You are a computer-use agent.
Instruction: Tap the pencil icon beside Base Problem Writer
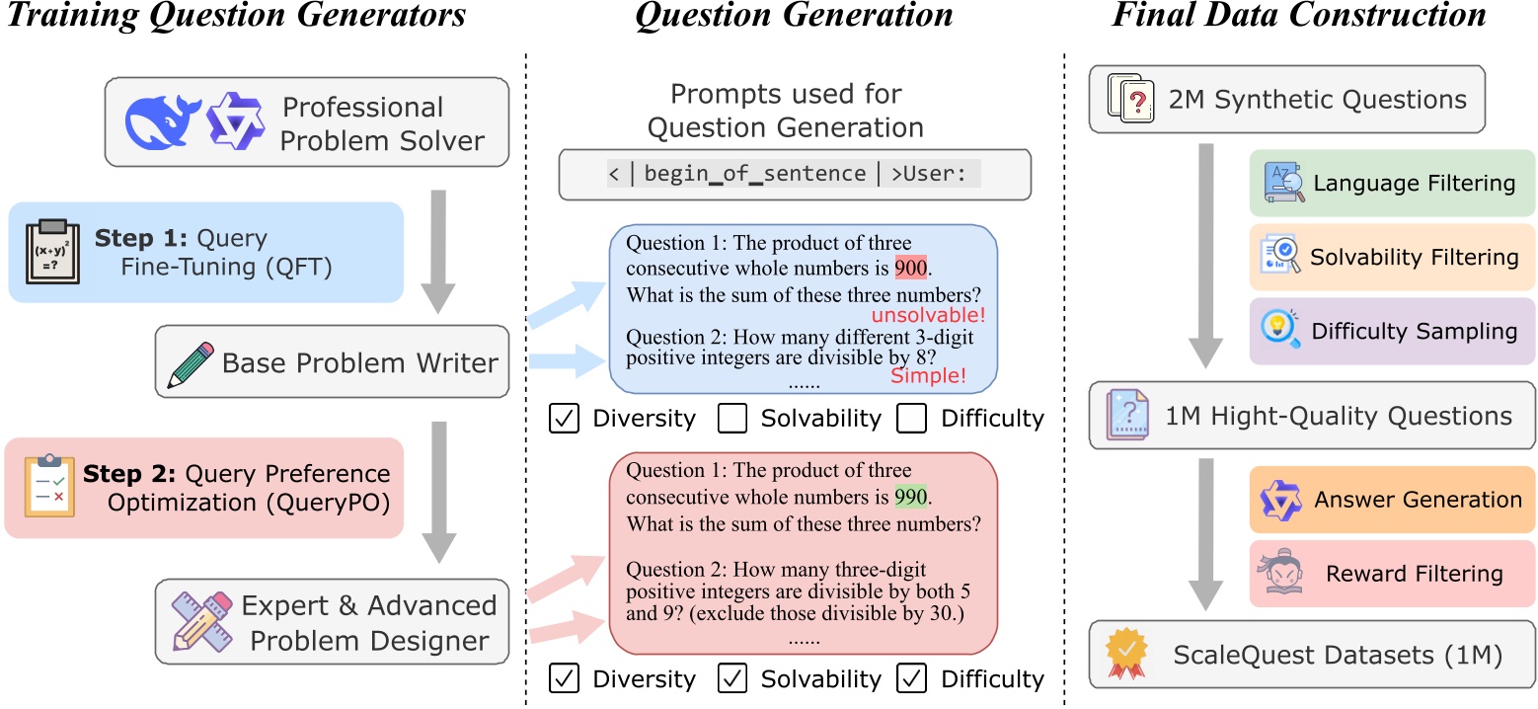tap(189, 362)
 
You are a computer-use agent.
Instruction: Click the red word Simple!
tap(928, 375)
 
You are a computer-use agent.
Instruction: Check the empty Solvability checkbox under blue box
tap(731, 419)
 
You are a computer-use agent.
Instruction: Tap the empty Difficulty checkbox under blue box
tap(911, 419)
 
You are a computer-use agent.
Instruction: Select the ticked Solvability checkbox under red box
tap(731, 679)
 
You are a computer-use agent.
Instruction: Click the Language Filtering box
tap(1392, 183)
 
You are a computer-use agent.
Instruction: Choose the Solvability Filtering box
tap(1392, 257)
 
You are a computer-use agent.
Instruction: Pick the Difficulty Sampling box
tap(1392, 331)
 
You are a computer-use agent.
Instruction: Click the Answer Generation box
tap(1392, 500)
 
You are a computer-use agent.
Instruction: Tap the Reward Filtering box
tap(1392, 574)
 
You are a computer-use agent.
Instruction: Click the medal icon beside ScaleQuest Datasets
tap(1126, 653)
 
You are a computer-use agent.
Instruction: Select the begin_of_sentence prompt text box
tap(795, 175)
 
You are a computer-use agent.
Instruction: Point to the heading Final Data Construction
tap(1299, 16)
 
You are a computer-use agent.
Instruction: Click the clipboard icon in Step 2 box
tap(49, 487)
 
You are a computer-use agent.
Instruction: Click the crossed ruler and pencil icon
tap(200, 620)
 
